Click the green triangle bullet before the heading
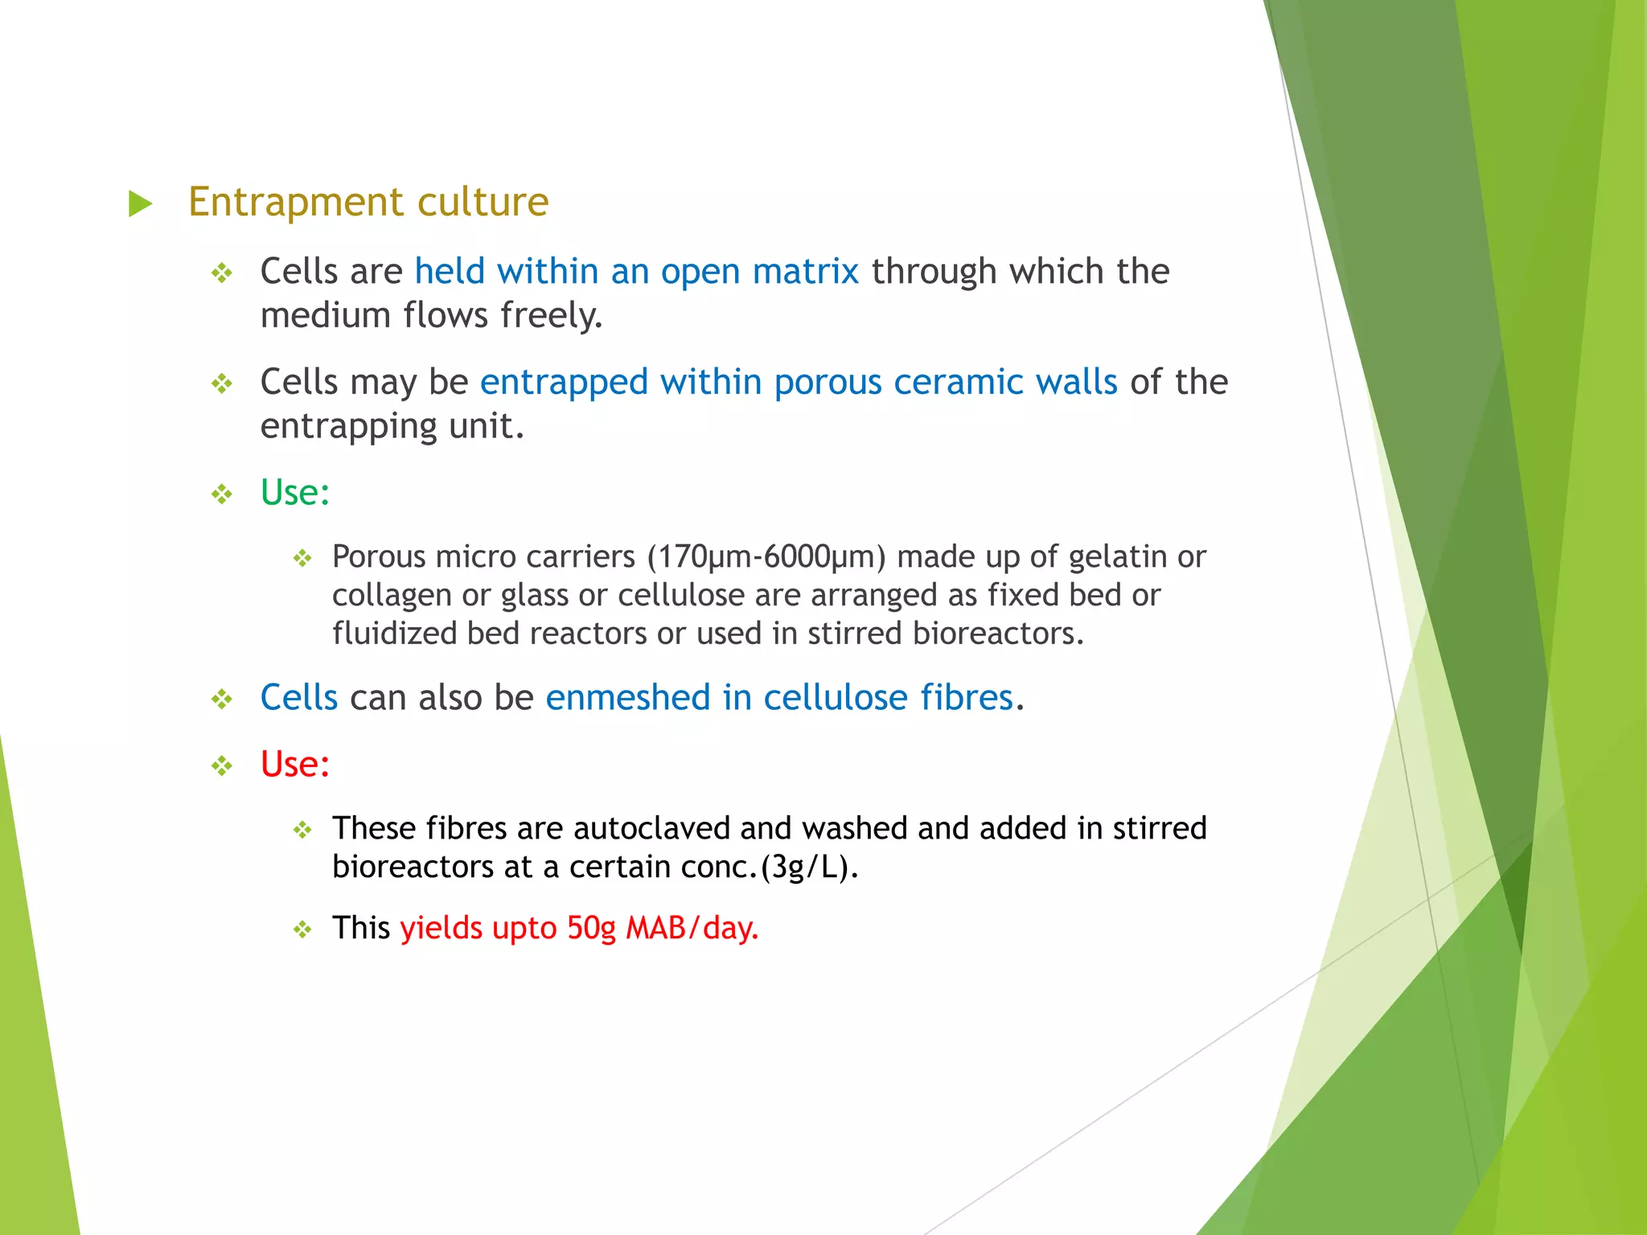(x=141, y=203)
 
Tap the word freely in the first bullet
(x=551, y=316)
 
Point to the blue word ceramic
(x=958, y=382)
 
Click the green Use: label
(x=294, y=492)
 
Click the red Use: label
(x=294, y=764)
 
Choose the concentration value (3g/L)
(x=809, y=867)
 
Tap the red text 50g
(x=591, y=928)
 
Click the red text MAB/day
(x=692, y=928)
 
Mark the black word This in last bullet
(x=360, y=928)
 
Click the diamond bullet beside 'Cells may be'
(x=222, y=384)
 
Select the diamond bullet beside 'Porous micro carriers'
(x=302, y=558)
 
